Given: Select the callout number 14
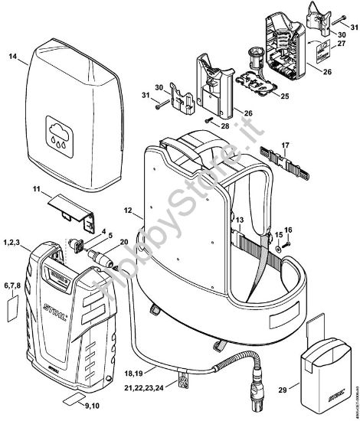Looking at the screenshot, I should [x=12, y=57].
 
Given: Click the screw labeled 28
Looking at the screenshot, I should [x=209, y=119].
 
